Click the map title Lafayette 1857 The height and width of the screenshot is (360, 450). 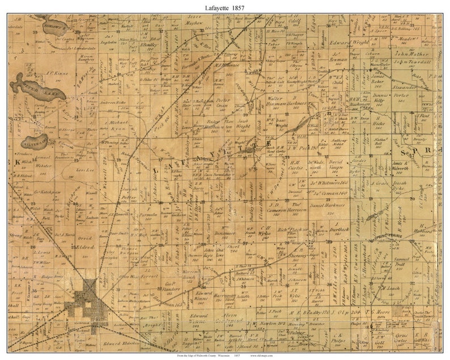[x=224, y=6]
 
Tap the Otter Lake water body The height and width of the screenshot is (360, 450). [x=39, y=88]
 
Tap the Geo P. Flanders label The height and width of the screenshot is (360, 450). [x=171, y=290]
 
